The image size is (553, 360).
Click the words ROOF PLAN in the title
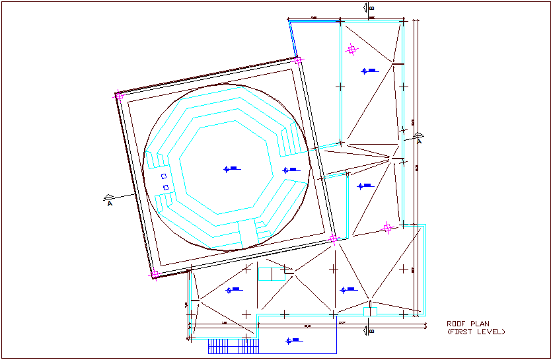[x=468, y=324]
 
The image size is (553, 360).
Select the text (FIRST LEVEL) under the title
[x=476, y=331]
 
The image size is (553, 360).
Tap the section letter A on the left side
[x=109, y=203]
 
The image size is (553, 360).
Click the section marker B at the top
[x=372, y=9]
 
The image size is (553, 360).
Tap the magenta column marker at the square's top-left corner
[x=120, y=96]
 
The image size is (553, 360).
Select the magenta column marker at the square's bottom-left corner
[x=155, y=273]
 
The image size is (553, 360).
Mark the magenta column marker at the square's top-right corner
[x=298, y=60]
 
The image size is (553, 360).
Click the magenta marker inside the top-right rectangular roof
[x=352, y=49]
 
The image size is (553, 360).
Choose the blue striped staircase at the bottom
[x=233, y=346]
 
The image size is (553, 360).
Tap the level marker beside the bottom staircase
[x=292, y=341]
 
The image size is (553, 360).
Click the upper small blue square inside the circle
[x=164, y=176]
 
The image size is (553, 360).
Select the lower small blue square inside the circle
[x=166, y=188]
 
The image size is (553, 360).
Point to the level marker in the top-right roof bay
[x=368, y=71]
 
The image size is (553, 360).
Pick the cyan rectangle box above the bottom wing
[x=270, y=274]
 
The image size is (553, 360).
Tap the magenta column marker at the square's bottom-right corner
[x=334, y=238]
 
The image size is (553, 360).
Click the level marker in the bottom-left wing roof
[x=234, y=290]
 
